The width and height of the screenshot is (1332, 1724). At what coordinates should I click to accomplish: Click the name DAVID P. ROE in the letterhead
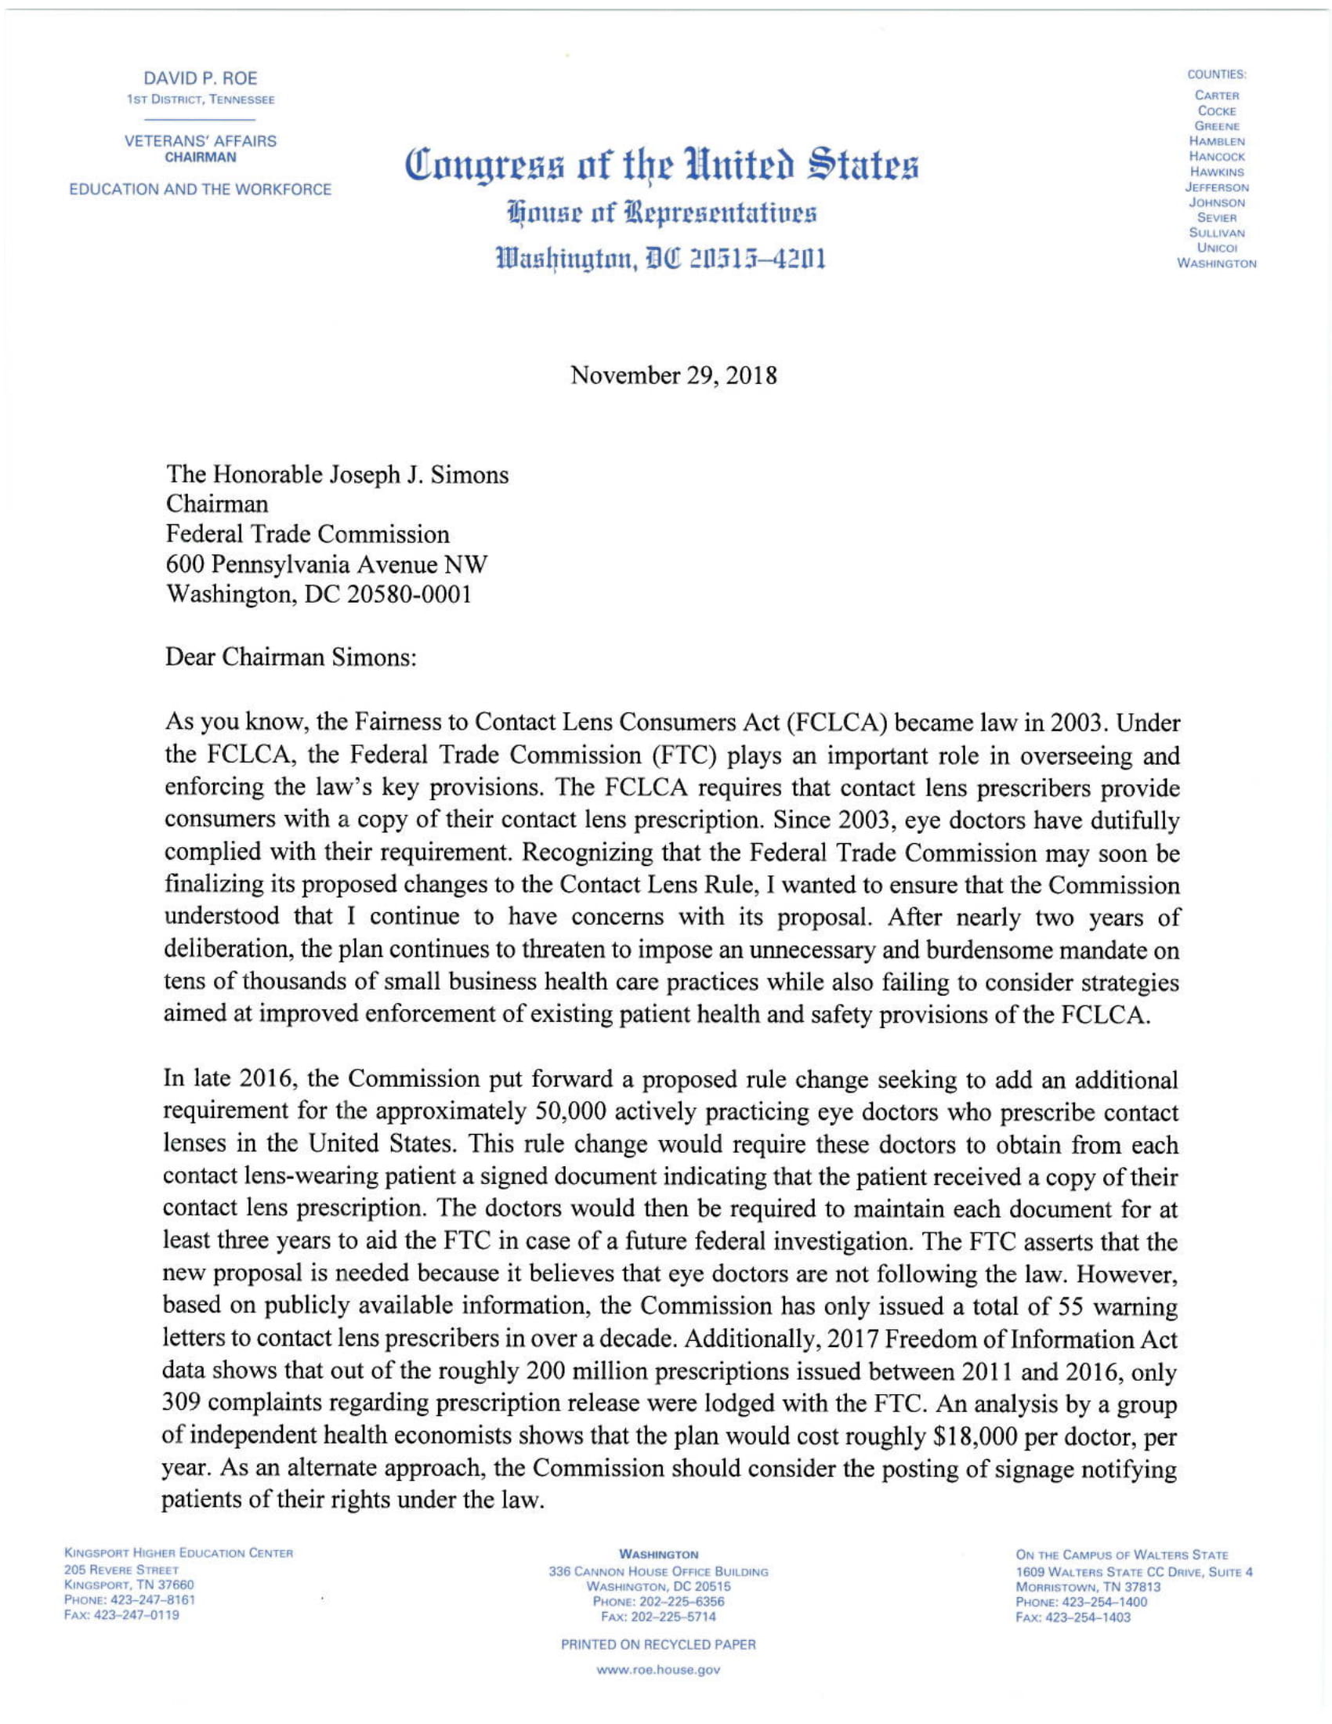click(200, 78)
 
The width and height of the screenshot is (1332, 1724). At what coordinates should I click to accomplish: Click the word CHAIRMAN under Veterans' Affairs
click(200, 157)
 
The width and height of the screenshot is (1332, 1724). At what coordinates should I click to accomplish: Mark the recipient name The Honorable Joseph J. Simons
click(336, 474)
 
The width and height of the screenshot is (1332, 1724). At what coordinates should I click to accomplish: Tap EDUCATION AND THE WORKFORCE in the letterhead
click(201, 190)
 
